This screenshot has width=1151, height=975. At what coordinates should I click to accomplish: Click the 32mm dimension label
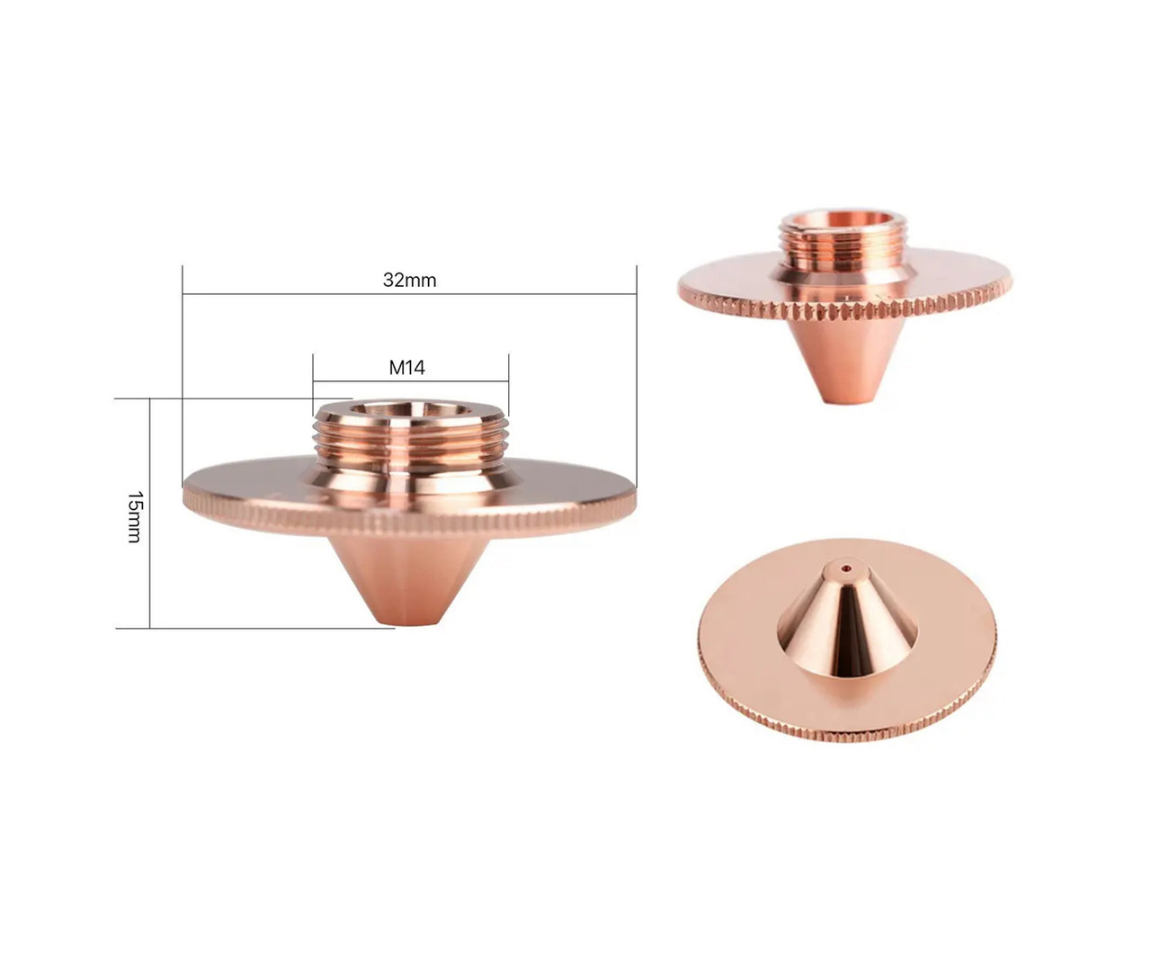tap(409, 280)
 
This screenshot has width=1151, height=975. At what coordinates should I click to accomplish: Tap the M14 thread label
tap(406, 367)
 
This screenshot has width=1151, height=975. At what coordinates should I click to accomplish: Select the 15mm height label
tap(134, 516)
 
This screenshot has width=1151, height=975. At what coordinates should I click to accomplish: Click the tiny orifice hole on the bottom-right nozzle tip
tap(845, 568)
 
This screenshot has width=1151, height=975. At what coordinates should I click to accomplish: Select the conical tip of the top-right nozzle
tap(845, 360)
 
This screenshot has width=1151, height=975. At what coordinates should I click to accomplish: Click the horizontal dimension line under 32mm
tap(270, 293)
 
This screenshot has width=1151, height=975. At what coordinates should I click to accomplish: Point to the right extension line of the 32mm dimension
tap(636, 378)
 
